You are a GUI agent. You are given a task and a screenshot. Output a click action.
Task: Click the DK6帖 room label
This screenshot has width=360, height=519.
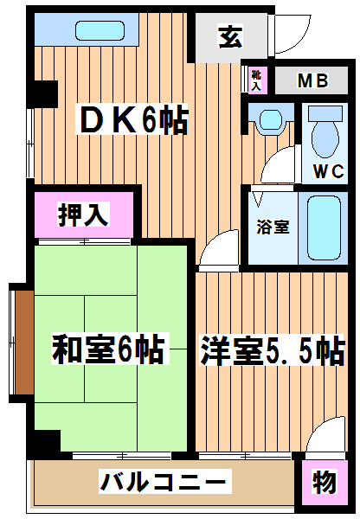click(x=132, y=119)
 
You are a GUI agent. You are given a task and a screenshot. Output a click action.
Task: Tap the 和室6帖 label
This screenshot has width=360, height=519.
click(x=109, y=349)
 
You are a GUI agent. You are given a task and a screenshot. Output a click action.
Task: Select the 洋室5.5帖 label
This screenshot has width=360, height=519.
click(x=273, y=351)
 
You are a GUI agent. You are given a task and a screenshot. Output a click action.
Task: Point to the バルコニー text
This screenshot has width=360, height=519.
click(x=164, y=482)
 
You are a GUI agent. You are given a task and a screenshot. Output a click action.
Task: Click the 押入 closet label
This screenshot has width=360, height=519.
click(x=83, y=215)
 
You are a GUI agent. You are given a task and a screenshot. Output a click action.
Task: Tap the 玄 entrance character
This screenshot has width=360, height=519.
click(x=230, y=36)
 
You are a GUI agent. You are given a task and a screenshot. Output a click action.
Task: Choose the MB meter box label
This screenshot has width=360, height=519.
click(x=312, y=80)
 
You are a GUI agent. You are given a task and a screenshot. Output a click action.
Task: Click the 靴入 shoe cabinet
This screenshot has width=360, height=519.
click(x=256, y=80)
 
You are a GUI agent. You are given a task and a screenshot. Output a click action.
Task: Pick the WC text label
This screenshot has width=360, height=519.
click(x=328, y=171)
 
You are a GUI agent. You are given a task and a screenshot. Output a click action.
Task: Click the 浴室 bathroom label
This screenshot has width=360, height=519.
click(x=273, y=227)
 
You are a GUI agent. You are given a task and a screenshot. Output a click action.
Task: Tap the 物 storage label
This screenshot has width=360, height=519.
click(x=325, y=482)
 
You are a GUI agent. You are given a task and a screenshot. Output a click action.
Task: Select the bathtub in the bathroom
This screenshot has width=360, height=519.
click(x=325, y=228)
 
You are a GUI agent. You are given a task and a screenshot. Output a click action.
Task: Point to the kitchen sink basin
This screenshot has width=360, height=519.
click(x=100, y=30)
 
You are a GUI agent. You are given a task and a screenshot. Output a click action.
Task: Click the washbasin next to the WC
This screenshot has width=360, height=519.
click(x=271, y=120)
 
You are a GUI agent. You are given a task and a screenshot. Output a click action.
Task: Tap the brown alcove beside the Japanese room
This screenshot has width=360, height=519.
click(x=24, y=343)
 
